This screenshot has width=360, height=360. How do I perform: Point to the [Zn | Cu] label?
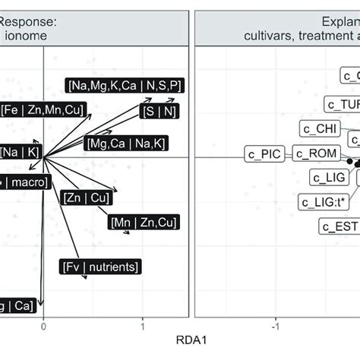[x=82, y=198]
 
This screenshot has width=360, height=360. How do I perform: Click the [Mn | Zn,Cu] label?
[x=144, y=223]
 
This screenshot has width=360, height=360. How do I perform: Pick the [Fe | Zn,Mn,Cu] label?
[x=43, y=108]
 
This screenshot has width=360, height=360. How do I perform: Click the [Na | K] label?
[x=21, y=151]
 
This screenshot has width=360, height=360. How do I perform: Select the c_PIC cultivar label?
[x=264, y=154]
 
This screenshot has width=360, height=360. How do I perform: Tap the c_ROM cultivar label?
[x=311, y=154]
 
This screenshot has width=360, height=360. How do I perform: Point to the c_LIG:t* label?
[x=319, y=201]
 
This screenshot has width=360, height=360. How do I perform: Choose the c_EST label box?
[x=339, y=226]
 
